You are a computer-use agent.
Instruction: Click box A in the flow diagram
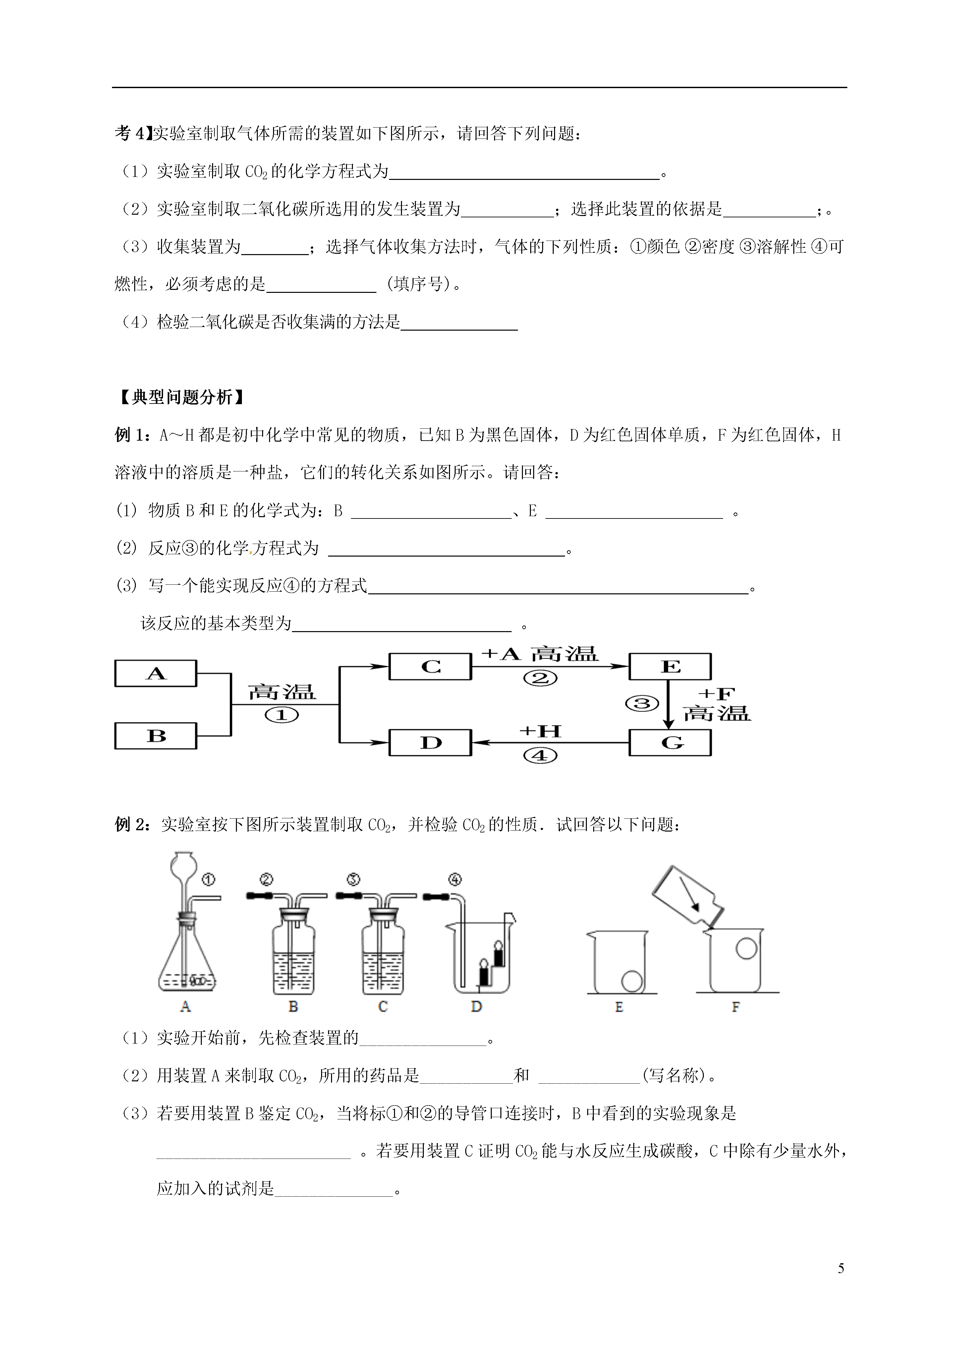(x=155, y=673)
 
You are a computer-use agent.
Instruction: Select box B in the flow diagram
(x=155, y=736)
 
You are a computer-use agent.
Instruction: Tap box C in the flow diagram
(x=430, y=667)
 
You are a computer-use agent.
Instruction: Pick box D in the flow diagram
(x=430, y=742)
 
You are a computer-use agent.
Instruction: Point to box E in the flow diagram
(x=670, y=667)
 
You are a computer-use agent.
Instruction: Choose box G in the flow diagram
(x=670, y=742)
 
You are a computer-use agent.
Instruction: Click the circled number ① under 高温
(x=282, y=715)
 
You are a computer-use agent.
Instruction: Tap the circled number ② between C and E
(x=540, y=678)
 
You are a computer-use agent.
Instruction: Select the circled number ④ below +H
(x=540, y=755)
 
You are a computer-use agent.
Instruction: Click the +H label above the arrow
(x=540, y=731)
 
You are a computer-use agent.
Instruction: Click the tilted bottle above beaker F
(x=688, y=898)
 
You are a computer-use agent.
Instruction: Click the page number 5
(x=841, y=1269)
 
